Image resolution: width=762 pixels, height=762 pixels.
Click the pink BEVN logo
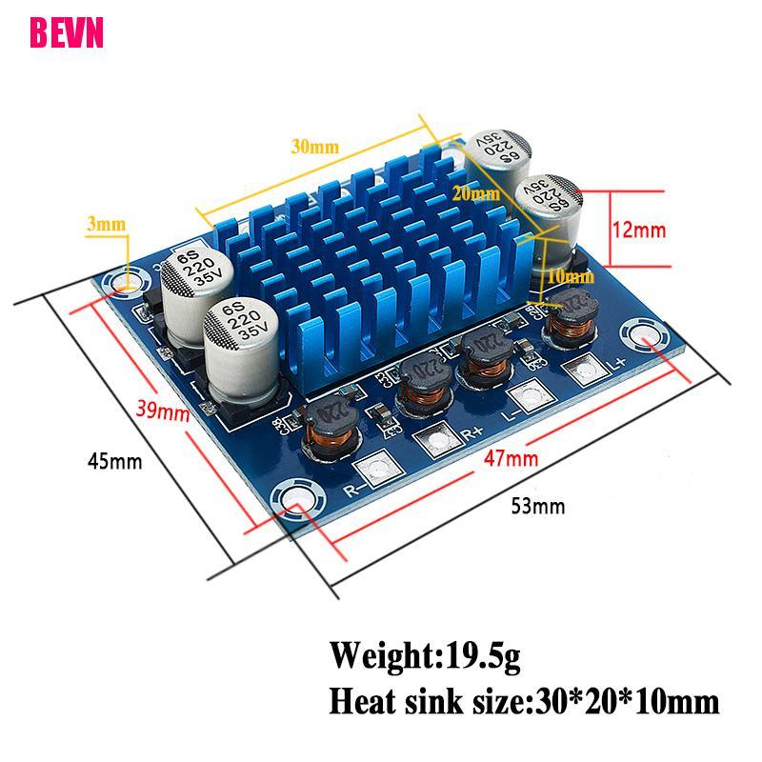point(67,32)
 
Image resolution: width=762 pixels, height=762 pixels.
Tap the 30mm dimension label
point(315,148)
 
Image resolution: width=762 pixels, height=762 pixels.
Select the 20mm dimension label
point(476,193)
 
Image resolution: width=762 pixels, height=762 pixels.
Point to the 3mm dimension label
point(106,225)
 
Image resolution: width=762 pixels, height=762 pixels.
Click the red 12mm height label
point(639,230)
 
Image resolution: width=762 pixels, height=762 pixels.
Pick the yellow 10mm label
point(571,276)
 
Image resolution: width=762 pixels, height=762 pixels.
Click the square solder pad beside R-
point(373,469)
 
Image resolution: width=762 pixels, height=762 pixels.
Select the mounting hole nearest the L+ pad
point(640,336)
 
